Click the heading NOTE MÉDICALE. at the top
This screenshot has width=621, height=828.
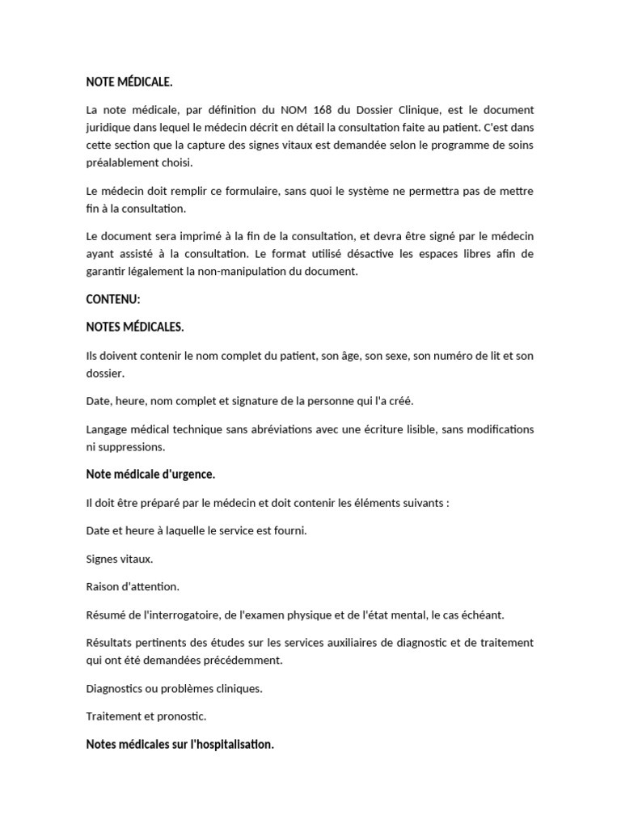coord(129,82)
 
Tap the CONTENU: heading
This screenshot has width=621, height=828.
coord(113,299)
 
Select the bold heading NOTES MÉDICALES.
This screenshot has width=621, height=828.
coord(135,327)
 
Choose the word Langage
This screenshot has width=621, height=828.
coord(109,429)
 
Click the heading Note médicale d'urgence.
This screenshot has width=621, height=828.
coord(150,474)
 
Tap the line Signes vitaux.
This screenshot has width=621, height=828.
coord(120,559)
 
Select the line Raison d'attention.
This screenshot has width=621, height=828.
coord(133,586)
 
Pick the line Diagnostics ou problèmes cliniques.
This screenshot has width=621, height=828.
coord(174,688)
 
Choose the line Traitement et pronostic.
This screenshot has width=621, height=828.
coord(146,716)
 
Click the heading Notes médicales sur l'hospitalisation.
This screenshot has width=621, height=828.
coord(180,744)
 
